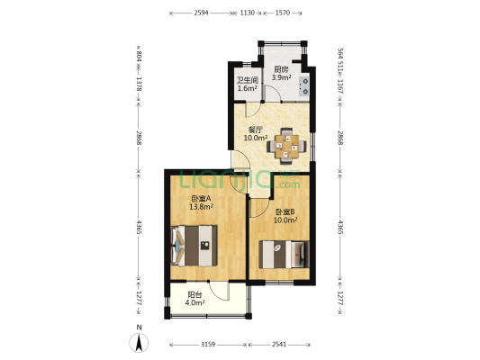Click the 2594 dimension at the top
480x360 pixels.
click(x=201, y=13)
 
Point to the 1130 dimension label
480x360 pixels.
click(x=247, y=13)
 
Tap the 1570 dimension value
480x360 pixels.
click(x=282, y=13)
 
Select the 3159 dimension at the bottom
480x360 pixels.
click(x=208, y=345)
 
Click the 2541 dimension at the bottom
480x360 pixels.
click(x=279, y=345)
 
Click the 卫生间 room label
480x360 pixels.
click(x=248, y=80)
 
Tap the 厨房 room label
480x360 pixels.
click(x=281, y=69)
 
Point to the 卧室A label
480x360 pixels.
click(x=201, y=198)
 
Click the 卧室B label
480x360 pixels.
click(x=285, y=211)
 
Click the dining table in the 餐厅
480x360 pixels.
click(x=286, y=146)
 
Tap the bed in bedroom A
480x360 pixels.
click(x=194, y=246)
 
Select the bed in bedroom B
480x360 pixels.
click(x=284, y=255)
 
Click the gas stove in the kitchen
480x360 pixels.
click(x=304, y=85)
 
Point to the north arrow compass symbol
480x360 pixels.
click(x=139, y=343)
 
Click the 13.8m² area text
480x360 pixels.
click(x=201, y=207)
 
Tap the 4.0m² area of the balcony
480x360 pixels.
click(x=195, y=302)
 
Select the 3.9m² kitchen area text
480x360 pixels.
click(x=281, y=77)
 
